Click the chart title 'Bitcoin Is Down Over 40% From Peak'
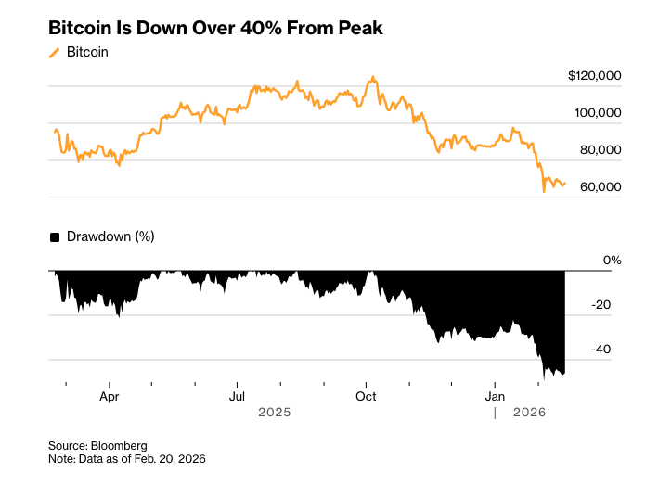(215, 28)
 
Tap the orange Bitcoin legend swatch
(55, 53)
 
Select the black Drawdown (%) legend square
(55, 237)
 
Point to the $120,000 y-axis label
(595, 75)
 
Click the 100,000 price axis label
(598, 112)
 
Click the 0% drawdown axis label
(612, 261)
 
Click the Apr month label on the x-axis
(110, 395)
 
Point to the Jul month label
(238, 395)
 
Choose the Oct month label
(366, 395)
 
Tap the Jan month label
(495, 395)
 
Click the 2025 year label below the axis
(275, 412)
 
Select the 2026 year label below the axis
(531, 412)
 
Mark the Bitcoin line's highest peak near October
(373, 77)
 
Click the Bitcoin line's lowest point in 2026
(544, 192)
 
